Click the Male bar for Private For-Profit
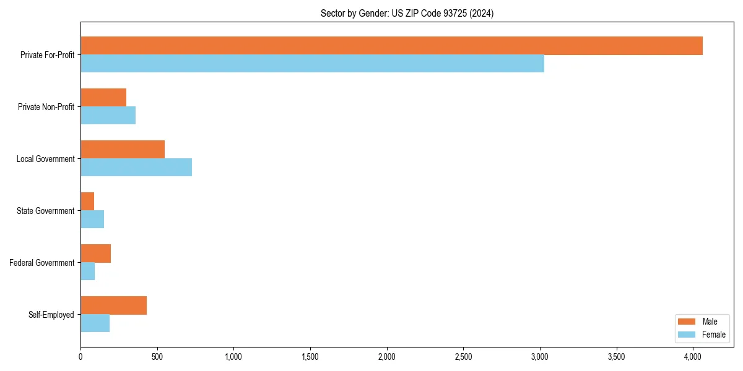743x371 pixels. [x=391, y=46]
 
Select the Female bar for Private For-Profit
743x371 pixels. [x=312, y=64]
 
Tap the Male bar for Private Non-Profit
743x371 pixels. [x=103, y=98]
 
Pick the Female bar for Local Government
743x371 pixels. [x=136, y=168]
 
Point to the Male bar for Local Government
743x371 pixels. [x=123, y=150]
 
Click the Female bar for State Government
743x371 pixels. [x=92, y=220]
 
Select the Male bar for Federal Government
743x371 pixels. [x=95, y=254]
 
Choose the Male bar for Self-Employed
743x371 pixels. [x=113, y=305]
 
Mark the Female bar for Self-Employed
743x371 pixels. [x=95, y=323]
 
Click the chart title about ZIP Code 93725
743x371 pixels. [x=407, y=13]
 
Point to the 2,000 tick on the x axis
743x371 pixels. [x=386, y=357]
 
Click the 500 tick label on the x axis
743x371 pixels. [x=157, y=357]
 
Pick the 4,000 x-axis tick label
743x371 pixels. [x=693, y=357]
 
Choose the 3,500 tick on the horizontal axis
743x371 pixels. [x=616, y=357]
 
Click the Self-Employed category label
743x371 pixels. [x=51, y=315]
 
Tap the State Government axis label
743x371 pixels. [x=46, y=211]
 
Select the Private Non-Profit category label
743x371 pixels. [x=46, y=107]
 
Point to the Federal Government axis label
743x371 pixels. [x=42, y=263]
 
